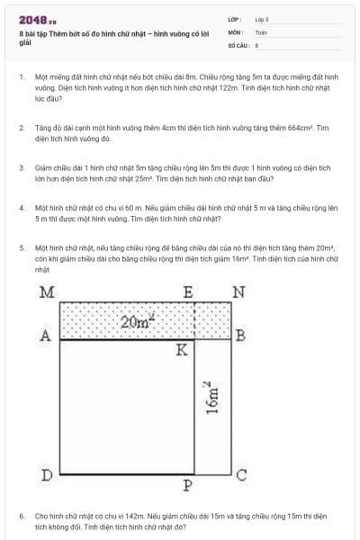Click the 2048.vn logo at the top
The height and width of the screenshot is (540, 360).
tap(37, 19)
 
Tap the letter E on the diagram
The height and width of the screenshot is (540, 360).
tap(188, 292)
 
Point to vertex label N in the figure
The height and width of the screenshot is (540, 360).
tap(238, 292)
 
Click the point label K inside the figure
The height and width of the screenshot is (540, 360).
tap(182, 349)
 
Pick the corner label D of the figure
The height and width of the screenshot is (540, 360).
tap(47, 474)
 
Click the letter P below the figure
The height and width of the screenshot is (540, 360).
tap(188, 486)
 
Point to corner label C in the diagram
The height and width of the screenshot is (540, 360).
tap(240, 475)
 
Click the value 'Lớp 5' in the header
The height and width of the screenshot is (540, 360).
tap(262, 19)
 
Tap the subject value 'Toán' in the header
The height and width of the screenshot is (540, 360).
tap(261, 31)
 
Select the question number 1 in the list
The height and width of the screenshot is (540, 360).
tap(21, 78)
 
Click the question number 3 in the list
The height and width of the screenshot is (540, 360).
tap(21, 167)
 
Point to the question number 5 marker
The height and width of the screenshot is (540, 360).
tap(21, 246)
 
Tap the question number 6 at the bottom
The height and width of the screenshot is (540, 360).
tap(21, 517)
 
